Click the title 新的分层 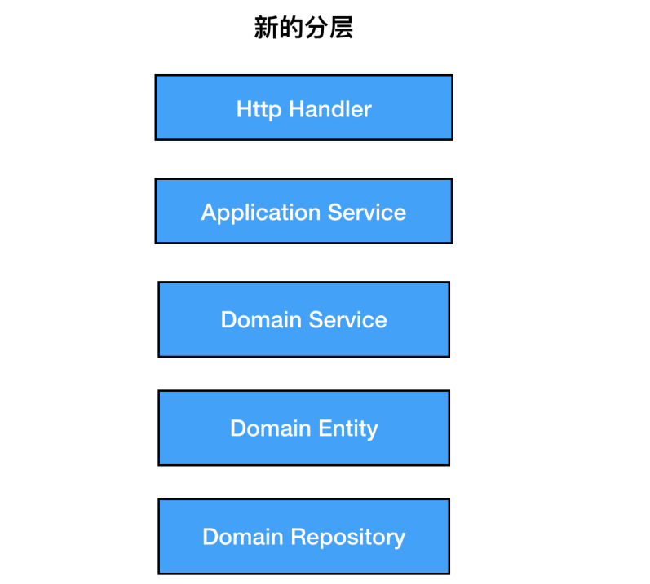click(303, 29)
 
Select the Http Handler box click(303, 108)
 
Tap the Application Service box click(303, 211)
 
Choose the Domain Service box click(303, 319)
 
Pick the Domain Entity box click(303, 428)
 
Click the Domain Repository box click(303, 537)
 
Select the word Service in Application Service click(367, 213)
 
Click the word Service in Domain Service click(347, 319)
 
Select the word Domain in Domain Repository click(241, 538)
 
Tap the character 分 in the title click(316, 29)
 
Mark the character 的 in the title click(291, 29)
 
